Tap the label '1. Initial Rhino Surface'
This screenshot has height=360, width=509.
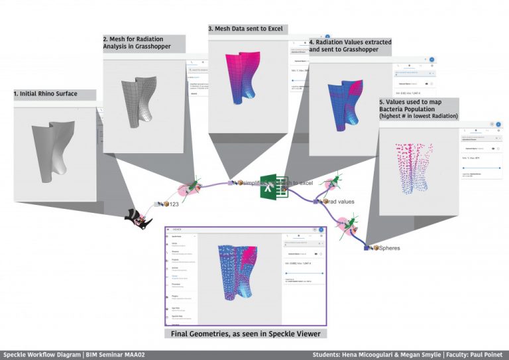pos(46,94)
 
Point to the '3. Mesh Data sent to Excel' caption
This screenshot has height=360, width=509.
pos(247,29)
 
